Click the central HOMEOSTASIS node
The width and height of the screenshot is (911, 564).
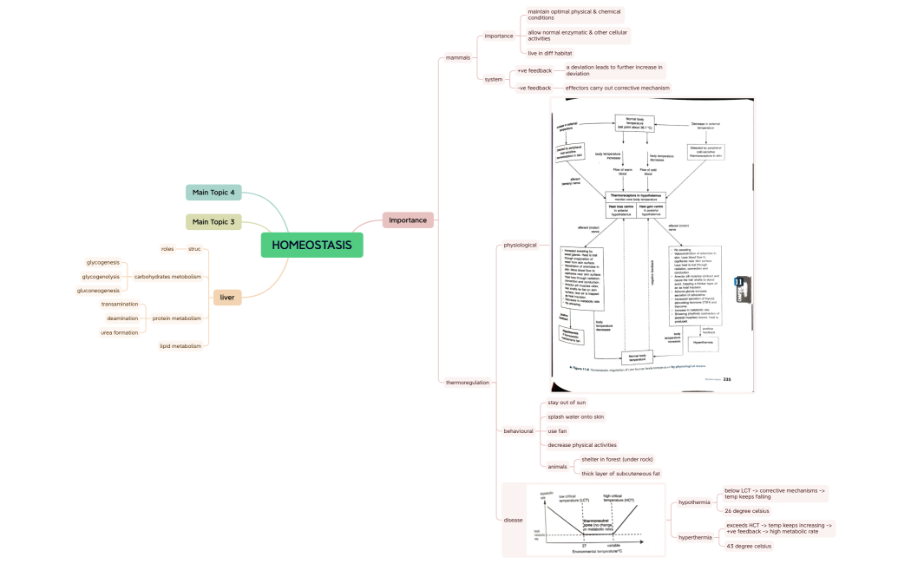pyautogui.click(x=311, y=246)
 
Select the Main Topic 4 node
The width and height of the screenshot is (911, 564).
pyautogui.click(x=213, y=192)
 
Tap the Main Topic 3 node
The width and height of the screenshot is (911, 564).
pyautogui.click(x=213, y=222)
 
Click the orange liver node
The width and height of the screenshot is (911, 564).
pyautogui.click(x=227, y=298)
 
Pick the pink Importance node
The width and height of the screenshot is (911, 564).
pyautogui.click(x=408, y=220)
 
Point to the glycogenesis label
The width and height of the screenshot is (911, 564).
pyautogui.click(x=102, y=262)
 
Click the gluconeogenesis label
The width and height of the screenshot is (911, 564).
pyautogui.click(x=98, y=291)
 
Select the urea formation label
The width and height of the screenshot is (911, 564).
pyautogui.click(x=119, y=332)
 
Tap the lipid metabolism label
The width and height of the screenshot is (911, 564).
pyautogui.click(x=180, y=346)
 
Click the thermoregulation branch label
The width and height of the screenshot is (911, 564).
pyautogui.click(x=467, y=383)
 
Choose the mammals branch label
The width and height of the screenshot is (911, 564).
pyautogui.click(x=457, y=57)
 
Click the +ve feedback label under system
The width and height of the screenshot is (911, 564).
pyautogui.click(x=534, y=70)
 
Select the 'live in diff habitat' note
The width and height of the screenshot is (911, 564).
pyautogui.click(x=549, y=53)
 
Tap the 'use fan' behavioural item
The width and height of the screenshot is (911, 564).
pyautogui.click(x=557, y=431)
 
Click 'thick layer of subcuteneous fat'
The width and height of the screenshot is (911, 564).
pyautogui.click(x=620, y=474)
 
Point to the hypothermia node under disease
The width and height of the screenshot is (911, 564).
pyautogui.click(x=694, y=502)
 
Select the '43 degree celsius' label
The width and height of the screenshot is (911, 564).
pyautogui.click(x=749, y=546)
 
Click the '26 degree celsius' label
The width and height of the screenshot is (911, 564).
pyautogui.click(x=747, y=511)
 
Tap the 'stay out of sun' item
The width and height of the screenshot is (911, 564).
pyautogui.click(x=567, y=403)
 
